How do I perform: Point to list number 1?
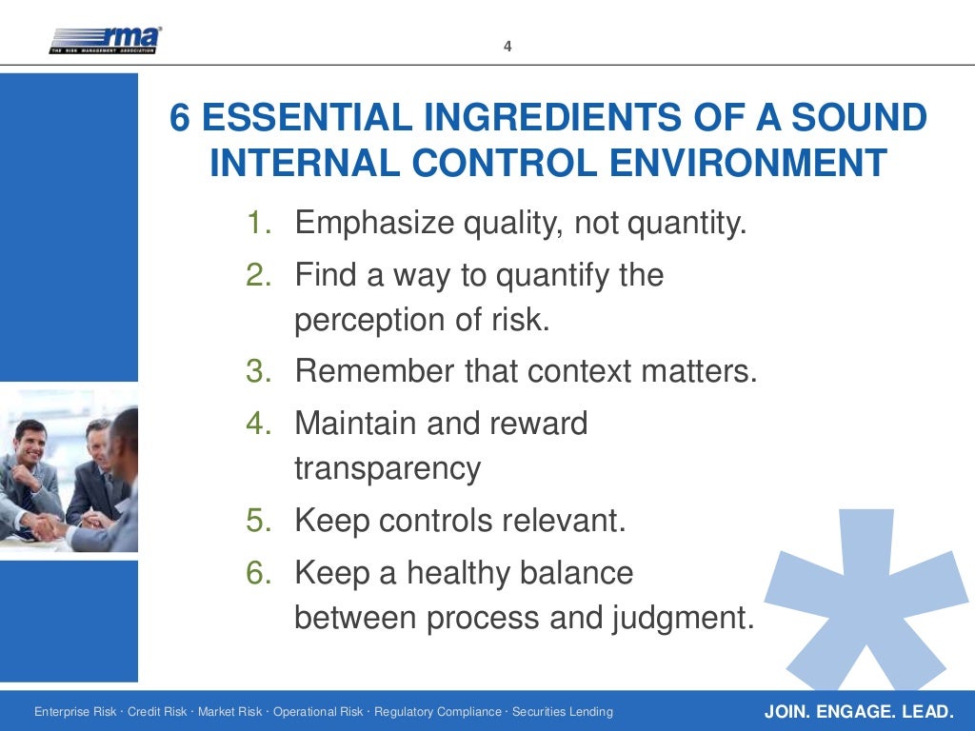[x=258, y=225]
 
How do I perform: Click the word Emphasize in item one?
[x=373, y=225]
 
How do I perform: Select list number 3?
[x=258, y=371]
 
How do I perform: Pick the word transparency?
[x=388, y=468]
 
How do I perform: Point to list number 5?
[x=258, y=522]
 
